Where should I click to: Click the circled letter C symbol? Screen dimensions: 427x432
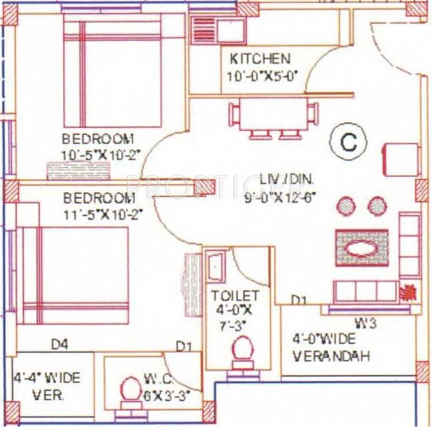click(348, 142)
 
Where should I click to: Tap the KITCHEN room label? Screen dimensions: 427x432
click(260, 59)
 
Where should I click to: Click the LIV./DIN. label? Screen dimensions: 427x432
click(287, 180)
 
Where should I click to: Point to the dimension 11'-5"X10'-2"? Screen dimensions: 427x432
click(99, 213)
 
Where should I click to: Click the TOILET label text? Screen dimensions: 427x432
click(234, 295)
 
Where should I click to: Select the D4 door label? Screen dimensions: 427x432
click(59, 345)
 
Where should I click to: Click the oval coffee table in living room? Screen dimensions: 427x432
click(361, 246)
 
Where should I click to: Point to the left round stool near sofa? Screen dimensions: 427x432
click(345, 206)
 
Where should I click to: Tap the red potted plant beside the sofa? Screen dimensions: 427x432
click(408, 291)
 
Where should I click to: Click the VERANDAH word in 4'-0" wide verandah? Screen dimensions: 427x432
click(331, 356)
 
